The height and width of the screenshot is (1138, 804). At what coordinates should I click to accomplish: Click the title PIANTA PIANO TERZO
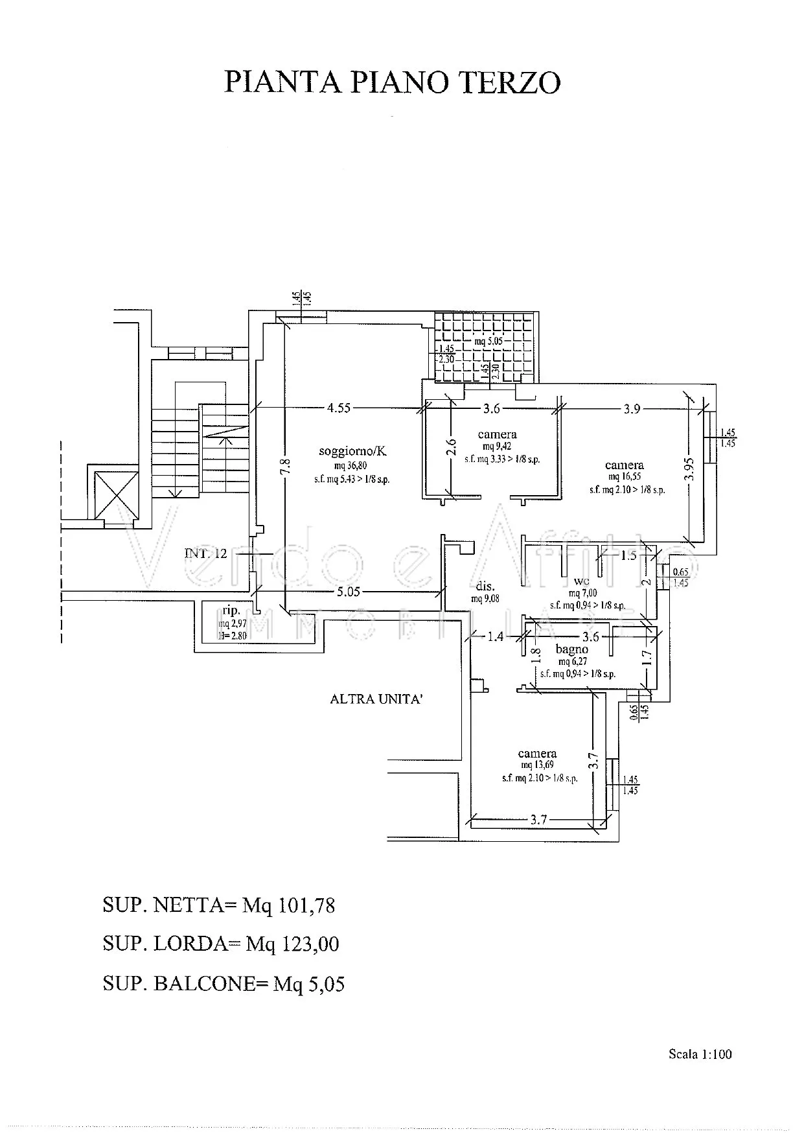tap(392, 84)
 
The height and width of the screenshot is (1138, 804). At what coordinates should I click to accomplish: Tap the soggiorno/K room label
tap(352, 452)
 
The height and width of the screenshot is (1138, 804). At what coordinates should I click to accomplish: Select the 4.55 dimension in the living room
tap(339, 408)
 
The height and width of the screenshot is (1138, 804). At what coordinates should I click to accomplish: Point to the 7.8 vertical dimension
tap(286, 466)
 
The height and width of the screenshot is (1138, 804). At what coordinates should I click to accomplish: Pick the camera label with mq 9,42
tap(497, 434)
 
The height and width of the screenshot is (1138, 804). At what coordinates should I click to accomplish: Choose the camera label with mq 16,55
tap(624, 465)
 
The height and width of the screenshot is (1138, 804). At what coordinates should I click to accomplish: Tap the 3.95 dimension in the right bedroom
tap(690, 469)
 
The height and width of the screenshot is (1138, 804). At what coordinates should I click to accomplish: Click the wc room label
tap(582, 581)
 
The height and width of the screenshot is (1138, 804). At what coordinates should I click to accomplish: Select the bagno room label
tap(571, 649)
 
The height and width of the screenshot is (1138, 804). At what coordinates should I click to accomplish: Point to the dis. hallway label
tap(485, 586)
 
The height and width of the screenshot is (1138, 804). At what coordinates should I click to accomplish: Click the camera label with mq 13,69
tap(537, 753)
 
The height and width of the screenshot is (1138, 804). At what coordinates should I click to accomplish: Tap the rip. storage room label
tap(231, 610)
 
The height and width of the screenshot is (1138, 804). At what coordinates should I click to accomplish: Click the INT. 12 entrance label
tap(206, 553)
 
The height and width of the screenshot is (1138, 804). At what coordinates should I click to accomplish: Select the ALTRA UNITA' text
tap(376, 699)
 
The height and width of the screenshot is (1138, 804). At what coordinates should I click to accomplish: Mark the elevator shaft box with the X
tap(117, 494)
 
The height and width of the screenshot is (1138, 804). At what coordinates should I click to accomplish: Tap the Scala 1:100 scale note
tap(700, 1054)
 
